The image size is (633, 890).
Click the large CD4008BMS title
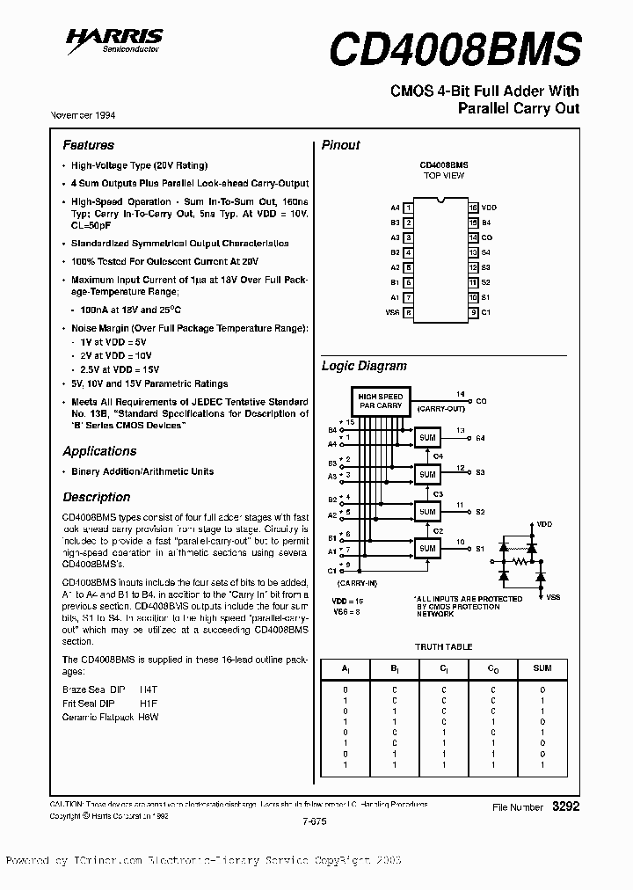point(455,49)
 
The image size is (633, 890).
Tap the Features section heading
point(88,145)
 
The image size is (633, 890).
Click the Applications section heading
point(99,451)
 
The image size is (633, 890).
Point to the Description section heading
point(96,497)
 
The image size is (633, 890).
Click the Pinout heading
point(340,145)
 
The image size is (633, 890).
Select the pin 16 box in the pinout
point(473,208)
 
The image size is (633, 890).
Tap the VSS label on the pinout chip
point(392,312)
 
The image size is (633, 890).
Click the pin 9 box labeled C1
point(473,312)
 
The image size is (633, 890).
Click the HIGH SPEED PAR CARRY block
point(380,401)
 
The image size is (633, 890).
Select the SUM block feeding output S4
point(427,437)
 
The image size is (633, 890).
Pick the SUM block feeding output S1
point(427,548)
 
